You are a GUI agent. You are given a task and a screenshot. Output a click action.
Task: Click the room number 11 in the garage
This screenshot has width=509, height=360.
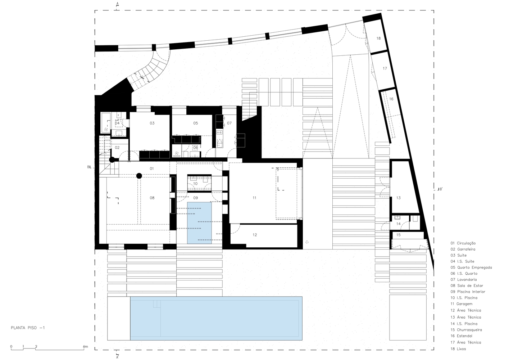click(254, 198)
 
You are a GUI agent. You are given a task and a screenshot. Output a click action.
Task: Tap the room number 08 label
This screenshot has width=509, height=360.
click(152, 198)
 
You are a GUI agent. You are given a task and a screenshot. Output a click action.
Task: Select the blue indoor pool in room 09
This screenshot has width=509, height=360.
click(199, 223)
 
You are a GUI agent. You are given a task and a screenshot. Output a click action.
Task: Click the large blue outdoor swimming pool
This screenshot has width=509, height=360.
click(216, 318)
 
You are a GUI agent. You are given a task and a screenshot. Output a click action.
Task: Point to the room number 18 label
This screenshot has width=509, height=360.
click(378, 38)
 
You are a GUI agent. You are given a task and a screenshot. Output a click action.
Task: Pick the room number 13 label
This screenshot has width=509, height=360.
click(398, 198)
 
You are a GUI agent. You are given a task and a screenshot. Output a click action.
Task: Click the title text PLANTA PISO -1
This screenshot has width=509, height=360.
click(28, 328)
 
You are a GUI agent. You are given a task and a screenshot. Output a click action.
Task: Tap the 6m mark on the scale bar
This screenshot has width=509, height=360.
click(85, 347)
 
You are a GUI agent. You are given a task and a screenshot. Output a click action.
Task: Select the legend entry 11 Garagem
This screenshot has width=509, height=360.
click(461, 304)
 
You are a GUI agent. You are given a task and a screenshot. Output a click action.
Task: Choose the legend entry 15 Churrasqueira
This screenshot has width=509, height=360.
click(466, 330)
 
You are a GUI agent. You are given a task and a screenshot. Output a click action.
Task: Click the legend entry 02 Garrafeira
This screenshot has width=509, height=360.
click(463, 249)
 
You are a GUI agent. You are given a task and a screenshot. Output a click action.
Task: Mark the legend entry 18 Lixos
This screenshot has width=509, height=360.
click(458, 349)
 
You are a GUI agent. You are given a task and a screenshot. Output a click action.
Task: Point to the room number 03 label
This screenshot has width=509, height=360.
click(152, 123)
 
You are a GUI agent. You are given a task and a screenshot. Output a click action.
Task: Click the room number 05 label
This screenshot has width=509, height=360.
click(196, 123)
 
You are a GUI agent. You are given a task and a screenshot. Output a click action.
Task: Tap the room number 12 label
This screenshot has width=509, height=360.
click(255, 235)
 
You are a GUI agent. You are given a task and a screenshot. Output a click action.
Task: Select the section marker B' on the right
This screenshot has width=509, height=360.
click(440, 189)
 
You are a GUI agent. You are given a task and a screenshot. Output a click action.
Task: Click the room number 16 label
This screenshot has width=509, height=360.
click(391, 99)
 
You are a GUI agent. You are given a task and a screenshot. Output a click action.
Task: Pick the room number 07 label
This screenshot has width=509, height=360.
click(229, 123)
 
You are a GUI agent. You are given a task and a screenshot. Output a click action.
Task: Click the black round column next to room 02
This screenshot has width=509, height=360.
click(112, 159)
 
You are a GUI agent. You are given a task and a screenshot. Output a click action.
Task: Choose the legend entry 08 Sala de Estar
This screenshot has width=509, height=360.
click(467, 285)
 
